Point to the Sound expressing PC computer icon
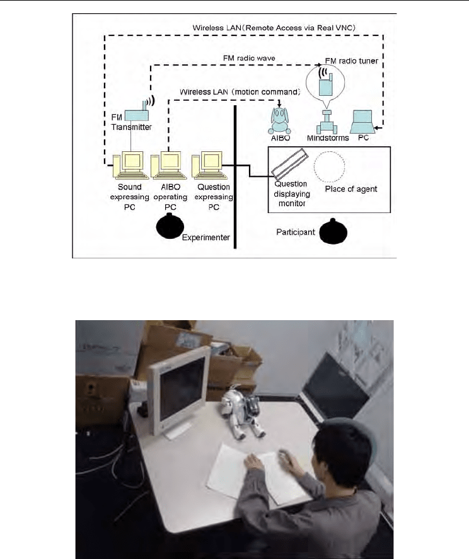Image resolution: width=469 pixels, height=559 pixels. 130,165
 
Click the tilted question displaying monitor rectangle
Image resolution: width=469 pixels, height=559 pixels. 290,165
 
